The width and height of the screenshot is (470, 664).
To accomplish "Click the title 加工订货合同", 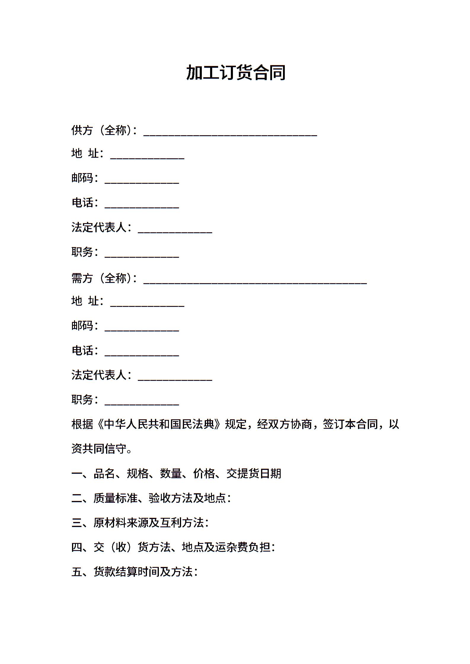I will click(x=236, y=72).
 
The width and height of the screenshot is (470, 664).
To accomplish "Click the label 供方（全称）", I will click(x=103, y=130).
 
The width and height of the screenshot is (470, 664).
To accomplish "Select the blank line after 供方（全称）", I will click(x=230, y=134).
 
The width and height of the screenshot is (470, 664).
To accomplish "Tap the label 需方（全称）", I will click(x=103, y=278).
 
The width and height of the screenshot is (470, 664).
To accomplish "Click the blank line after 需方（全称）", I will click(x=255, y=282).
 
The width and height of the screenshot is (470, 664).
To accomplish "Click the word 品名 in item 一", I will click(x=104, y=474).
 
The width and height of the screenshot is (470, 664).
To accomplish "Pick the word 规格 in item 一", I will click(x=138, y=474).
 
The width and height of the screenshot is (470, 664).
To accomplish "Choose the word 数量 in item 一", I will click(x=171, y=474).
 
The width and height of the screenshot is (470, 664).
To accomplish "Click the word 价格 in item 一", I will click(x=204, y=474).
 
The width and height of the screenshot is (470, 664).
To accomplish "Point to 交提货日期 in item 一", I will click(x=254, y=474).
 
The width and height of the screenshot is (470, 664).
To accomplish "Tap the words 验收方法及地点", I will click(x=187, y=498).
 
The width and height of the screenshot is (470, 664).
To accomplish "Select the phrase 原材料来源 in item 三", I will click(x=121, y=523).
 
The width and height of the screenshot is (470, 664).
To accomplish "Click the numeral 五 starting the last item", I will click(x=77, y=572).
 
